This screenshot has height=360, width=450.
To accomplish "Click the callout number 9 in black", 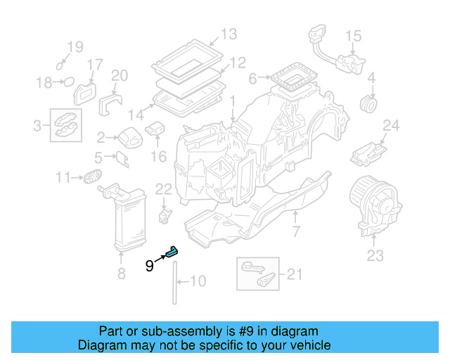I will click(x=149, y=265).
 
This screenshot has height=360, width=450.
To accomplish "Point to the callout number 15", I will click(x=353, y=35).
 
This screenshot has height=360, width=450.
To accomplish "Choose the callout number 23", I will click(x=375, y=255).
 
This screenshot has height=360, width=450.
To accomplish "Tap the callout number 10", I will click(x=198, y=282).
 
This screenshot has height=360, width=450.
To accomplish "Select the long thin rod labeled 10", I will click(x=173, y=281).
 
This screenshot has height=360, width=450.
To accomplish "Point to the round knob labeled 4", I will click(x=367, y=104).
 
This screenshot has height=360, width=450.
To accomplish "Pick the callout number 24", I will click(x=390, y=127).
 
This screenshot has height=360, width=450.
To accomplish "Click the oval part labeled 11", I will click(x=91, y=177).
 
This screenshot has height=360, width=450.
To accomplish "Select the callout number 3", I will click(x=37, y=126).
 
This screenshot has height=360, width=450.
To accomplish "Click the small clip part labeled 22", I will click(x=165, y=212).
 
